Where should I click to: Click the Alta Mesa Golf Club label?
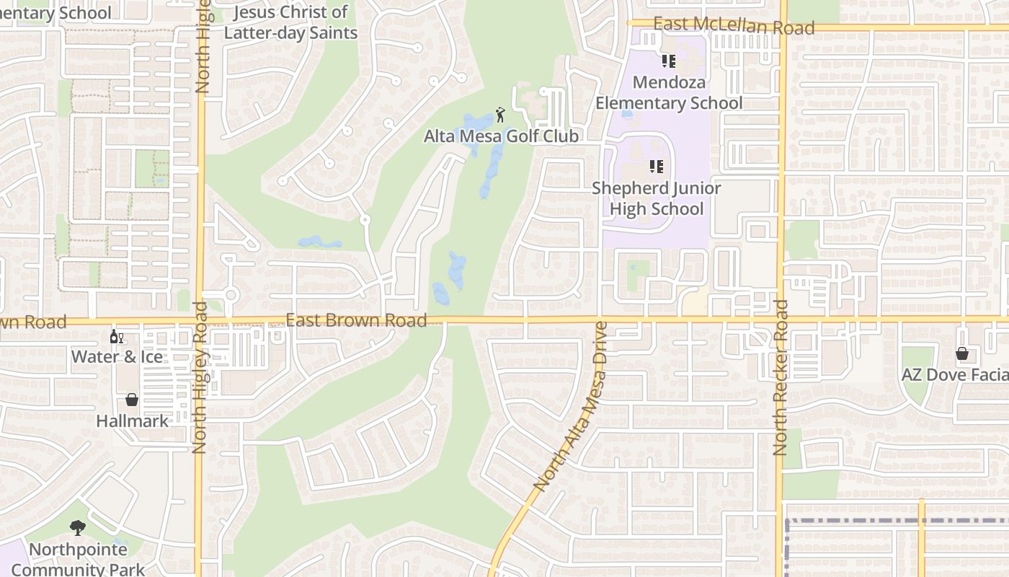501,136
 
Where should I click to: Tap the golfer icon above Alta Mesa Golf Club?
500,114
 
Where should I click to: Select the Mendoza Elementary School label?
668,92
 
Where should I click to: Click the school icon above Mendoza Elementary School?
668,61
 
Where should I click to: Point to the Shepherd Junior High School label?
656,198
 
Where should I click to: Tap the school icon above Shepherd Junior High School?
656,167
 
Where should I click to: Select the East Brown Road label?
356,320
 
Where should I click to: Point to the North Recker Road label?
781,377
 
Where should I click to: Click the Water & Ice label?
117,356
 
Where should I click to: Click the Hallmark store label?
133,420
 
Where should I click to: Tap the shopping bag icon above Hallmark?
132,400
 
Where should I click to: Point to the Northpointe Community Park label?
78,559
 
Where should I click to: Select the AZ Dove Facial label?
954,374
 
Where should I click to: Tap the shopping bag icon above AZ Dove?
961,353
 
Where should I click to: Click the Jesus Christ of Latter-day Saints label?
290,22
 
